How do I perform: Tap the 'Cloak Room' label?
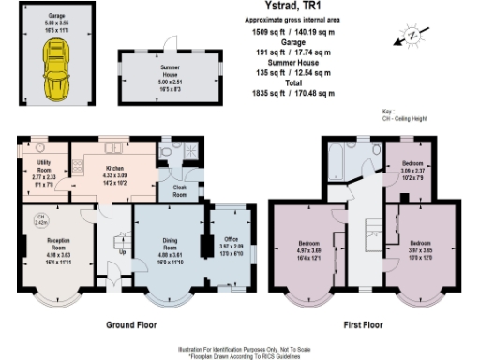[x=179, y=191]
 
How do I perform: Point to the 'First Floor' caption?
[x=363, y=323]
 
